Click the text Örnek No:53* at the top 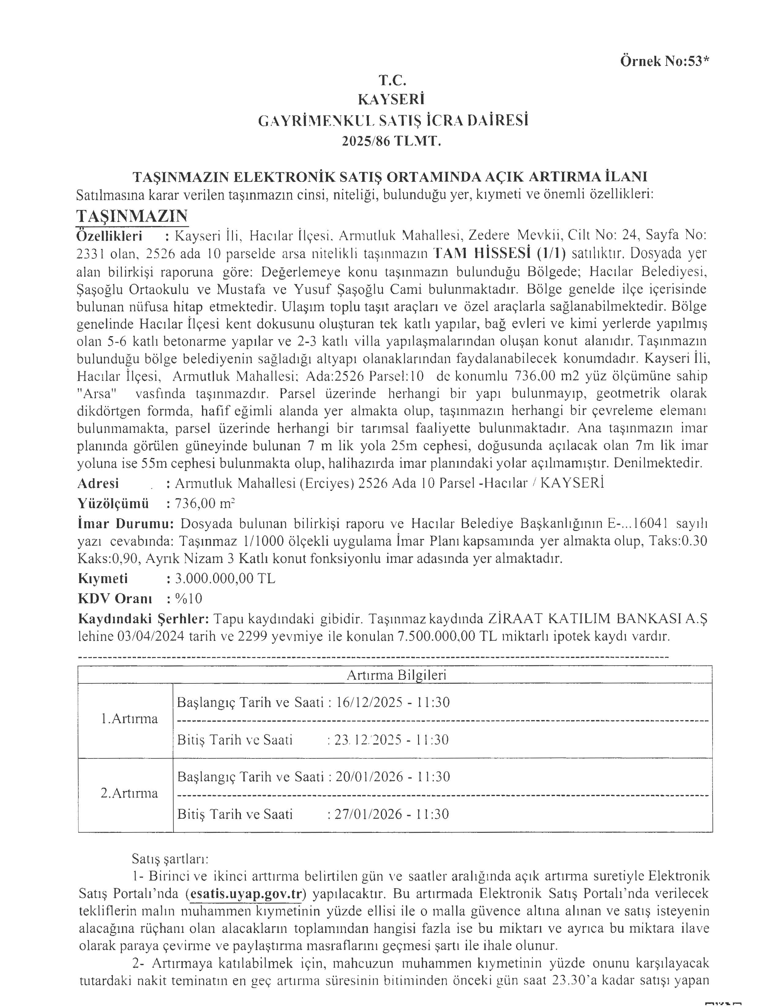[664, 61]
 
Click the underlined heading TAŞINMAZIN [132, 216]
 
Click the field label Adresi [98, 483]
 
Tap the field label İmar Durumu [125, 524]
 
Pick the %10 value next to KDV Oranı [189, 599]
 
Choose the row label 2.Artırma [129, 793]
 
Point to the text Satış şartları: [170, 859]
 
